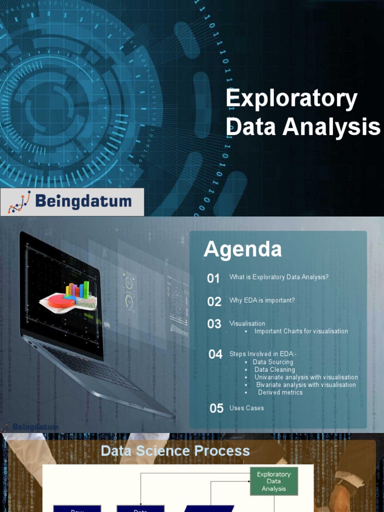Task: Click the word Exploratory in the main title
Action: [x=291, y=99]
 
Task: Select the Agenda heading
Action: [x=242, y=249]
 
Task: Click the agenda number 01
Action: [x=213, y=278]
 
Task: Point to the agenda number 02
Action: [x=214, y=301]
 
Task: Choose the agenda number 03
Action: [x=214, y=324]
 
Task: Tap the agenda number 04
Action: [x=215, y=354]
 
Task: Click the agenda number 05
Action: [x=216, y=408]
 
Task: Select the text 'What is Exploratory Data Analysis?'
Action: [x=279, y=277]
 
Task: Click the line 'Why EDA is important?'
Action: [x=262, y=300]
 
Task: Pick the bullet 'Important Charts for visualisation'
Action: [x=301, y=331]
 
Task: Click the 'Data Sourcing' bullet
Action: [x=273, y=362]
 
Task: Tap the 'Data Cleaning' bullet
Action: [x=274, y=369]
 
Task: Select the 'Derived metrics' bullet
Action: [x=280, y=392]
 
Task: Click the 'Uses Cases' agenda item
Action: [x=246, y=408]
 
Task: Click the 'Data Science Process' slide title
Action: [x=175, y=451]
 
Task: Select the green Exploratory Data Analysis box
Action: [x=273, y=481]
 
